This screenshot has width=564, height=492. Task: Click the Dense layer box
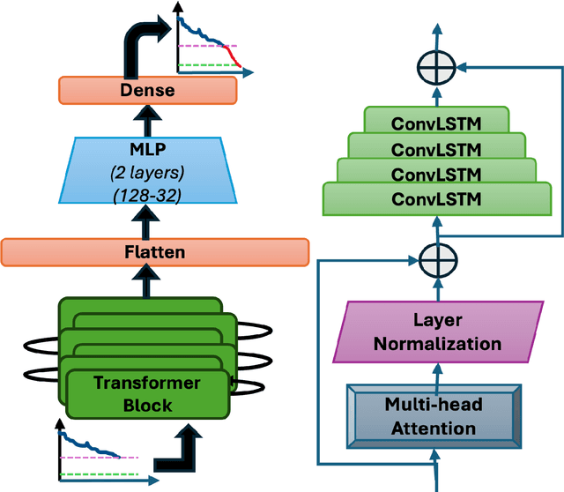pyautogui.click(x=147, y=89)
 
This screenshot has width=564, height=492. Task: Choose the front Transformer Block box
pyautogui.click(x=146, y=393)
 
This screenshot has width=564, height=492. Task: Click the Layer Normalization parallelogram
pyautogui.click(x=437, y=332)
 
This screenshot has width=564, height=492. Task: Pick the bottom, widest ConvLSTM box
pyautogui.click(x=437, y=198)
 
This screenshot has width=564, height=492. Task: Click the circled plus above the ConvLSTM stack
pyautogui.click(x=437, y=66)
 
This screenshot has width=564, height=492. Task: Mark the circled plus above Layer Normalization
pyautogui.click(x=437, y=261)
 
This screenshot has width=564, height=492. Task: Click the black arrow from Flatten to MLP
pyautogui.click(x=147, y=228)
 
